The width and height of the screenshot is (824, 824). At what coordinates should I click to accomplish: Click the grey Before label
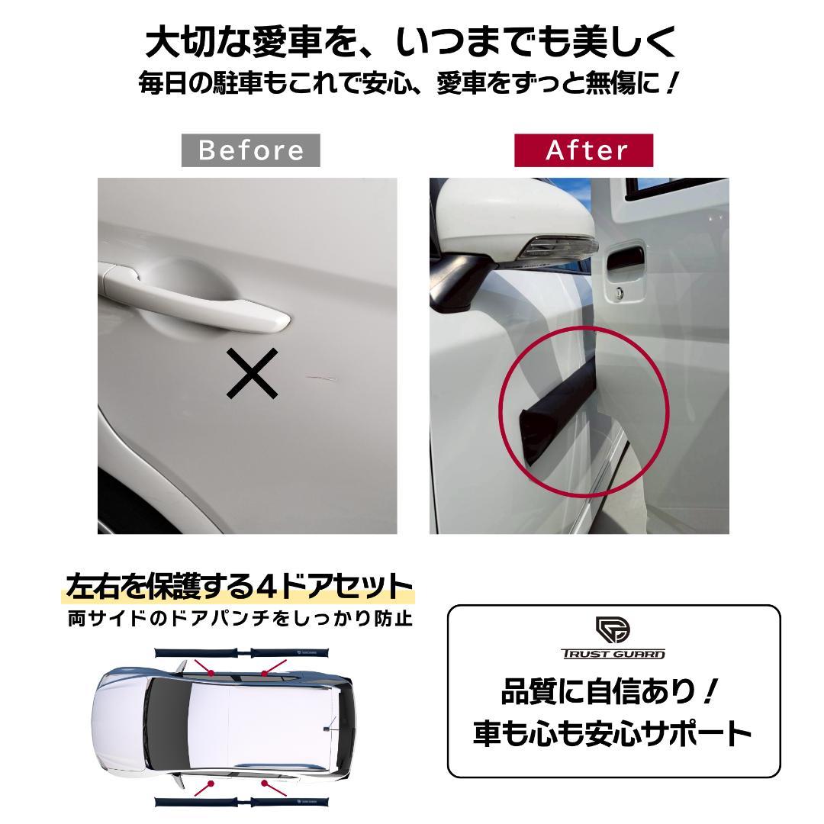[x=250, y=150]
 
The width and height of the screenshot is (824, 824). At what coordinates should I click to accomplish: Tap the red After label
[x=584, y=150]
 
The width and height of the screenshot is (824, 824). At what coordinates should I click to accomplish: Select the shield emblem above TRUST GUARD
[x=613, y=629]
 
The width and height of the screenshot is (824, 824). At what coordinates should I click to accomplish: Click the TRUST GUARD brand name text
[x=613, y=654]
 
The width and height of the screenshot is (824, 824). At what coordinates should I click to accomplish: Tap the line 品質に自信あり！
[x=612, y=693]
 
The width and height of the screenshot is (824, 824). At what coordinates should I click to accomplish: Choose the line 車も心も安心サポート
[x=612, y=733]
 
